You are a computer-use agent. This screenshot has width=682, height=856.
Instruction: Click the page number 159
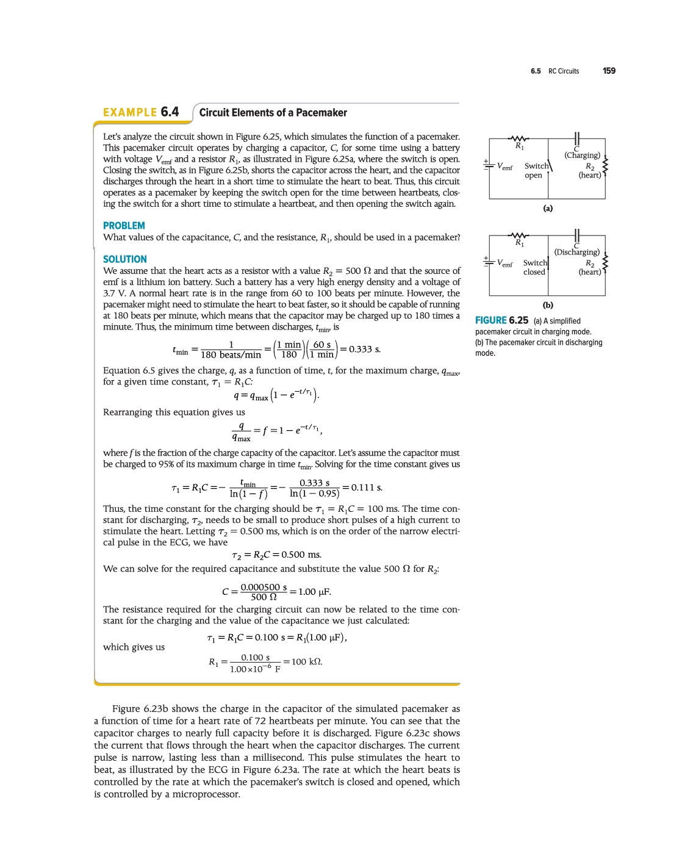point(609,71)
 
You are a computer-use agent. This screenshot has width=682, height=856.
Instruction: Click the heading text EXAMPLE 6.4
point(141,112)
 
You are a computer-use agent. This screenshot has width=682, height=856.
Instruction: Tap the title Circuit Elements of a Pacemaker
point(273,113)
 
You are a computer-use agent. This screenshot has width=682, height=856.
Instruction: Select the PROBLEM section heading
point(124,226)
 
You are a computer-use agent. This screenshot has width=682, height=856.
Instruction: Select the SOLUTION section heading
point(125,259)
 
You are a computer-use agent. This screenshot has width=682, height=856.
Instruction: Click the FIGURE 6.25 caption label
point(501,320)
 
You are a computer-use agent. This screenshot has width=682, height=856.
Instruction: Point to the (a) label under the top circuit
point(548,209)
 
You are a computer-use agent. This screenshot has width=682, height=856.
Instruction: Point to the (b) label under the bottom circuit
point(548,305)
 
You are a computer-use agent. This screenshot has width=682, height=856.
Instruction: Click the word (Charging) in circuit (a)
point(582,156)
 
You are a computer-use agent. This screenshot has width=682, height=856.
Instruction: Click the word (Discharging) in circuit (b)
point(576,252)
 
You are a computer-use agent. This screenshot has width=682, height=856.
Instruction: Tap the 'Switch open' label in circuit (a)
point(535,170)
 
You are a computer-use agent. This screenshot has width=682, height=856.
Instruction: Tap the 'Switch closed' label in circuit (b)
point(534,267)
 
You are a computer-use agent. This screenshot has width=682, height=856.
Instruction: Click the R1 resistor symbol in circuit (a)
point(519,138)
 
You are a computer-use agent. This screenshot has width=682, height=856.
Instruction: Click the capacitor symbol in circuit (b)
point(576,235)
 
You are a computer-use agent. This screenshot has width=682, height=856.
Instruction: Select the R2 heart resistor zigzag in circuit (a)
point(605,165)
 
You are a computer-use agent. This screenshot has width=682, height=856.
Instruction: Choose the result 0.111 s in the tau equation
point(367,487)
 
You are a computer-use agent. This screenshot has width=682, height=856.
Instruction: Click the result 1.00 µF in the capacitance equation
point(314,592)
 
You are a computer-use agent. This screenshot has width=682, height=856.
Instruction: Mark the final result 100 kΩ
point(307,662)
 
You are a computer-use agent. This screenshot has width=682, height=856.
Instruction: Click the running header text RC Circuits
point(563,71)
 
